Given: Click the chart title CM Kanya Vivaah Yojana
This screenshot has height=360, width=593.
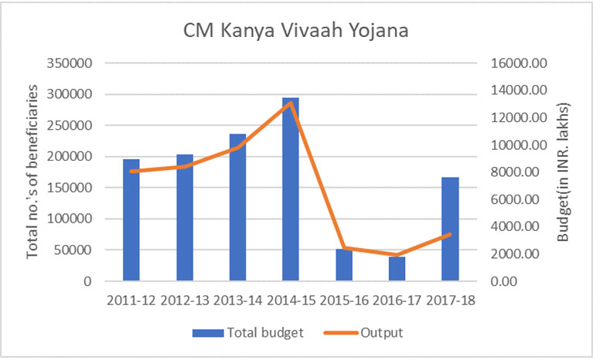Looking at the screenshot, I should pos(296,32).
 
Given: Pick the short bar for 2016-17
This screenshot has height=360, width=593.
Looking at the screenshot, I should pos(397,269).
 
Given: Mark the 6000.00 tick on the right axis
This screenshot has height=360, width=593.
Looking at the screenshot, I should pos(514,199).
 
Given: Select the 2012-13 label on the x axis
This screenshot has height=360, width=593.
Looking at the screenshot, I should pos(185,298).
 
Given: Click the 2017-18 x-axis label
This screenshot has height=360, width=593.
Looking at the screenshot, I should pos(450,298).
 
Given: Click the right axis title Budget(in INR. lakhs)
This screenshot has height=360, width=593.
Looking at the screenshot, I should pos(564,172).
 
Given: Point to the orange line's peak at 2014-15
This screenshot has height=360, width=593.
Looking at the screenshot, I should pos(290,103).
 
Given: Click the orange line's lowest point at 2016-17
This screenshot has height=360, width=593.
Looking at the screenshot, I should pos(397,255).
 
